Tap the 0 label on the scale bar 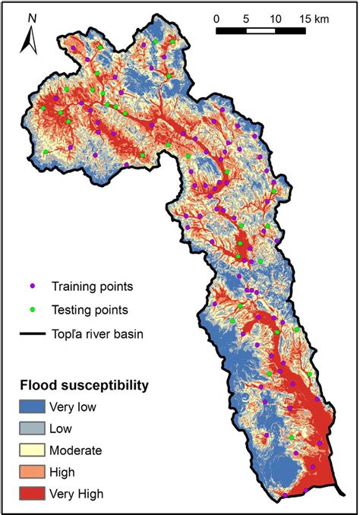216,17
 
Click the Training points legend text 92,286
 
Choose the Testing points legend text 90,310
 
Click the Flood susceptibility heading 84,385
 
